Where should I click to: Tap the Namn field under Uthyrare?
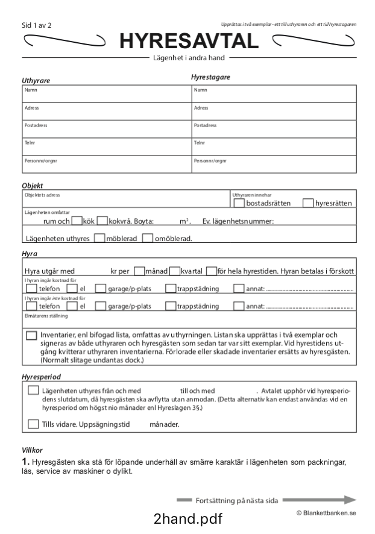(x=106, y=95)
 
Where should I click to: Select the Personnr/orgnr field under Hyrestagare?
(x=274, y=165)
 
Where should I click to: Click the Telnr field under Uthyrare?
(x=106, y=147)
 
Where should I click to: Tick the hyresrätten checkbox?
(x=308, y=203)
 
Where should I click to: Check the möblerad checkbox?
(x=100, y=238)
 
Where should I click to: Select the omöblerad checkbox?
(x=148, y=238)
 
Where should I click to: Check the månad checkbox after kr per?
(x=139, y=271)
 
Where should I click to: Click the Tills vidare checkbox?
(x=34, y=424)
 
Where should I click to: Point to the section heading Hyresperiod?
(x=42, y=377)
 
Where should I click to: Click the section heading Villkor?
(x=31, y=450)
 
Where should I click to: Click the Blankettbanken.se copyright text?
(x=326, y=512)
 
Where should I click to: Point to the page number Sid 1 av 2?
(x=36, y=26)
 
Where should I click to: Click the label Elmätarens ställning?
(x=45, y=315)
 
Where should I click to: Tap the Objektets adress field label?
(x=42, y=195)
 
